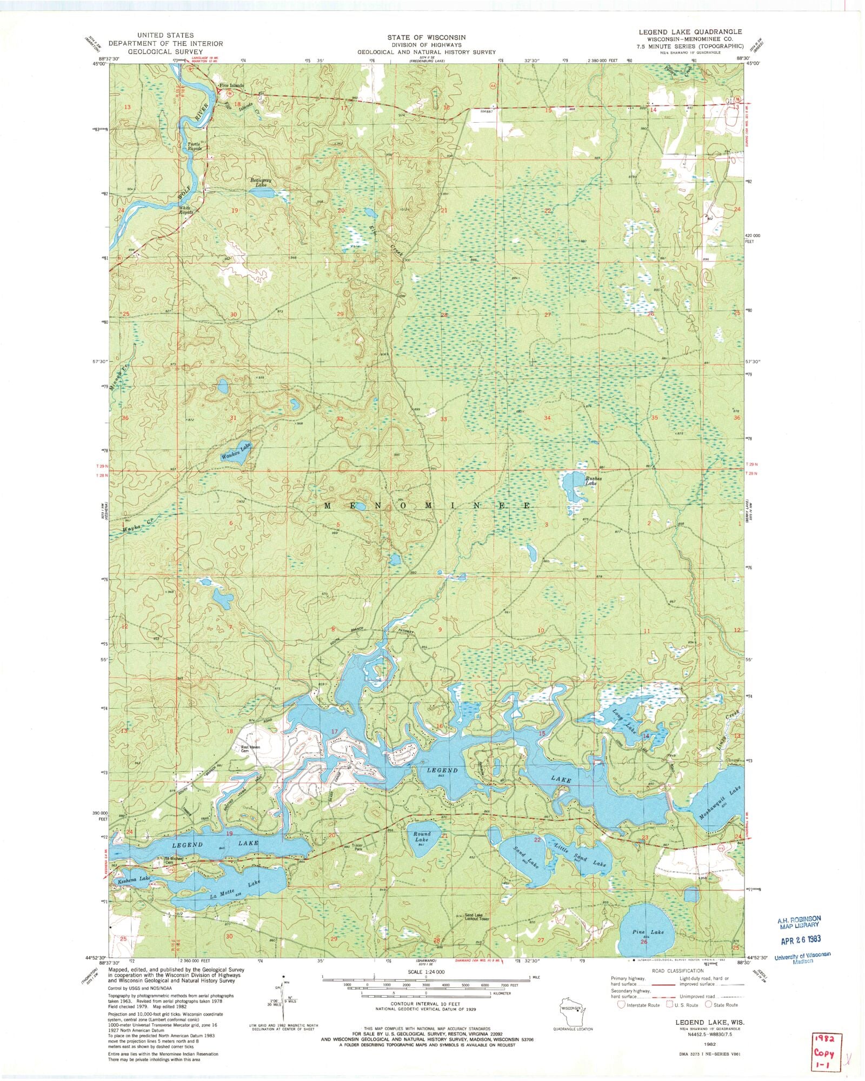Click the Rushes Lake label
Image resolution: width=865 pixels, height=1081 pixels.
tap(591, 480)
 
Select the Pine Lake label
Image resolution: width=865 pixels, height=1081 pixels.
tap(648, 932)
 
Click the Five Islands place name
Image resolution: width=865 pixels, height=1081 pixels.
tap(231, 86)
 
